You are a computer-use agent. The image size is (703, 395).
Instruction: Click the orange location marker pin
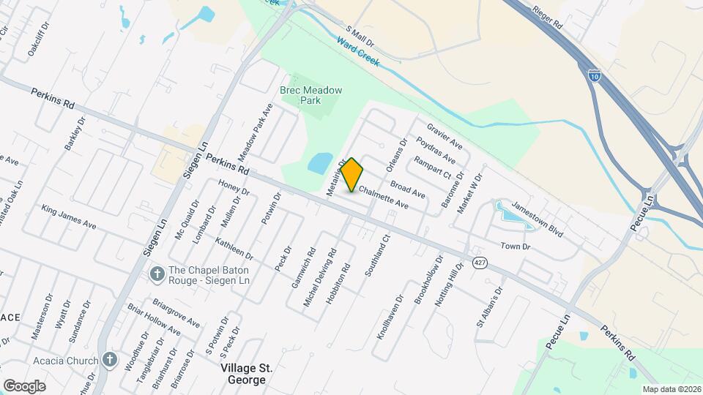pos(352,174)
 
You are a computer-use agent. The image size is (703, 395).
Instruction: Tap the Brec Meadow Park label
pos(311,95)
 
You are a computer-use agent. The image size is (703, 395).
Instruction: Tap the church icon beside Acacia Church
pos(110,359)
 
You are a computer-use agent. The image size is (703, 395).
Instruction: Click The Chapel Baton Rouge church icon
pos(155,274)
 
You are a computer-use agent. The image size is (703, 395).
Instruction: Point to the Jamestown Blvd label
pos(537,219)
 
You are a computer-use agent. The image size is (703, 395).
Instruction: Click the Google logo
pos(24,385)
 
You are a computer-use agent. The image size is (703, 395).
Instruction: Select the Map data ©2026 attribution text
pos(670,389)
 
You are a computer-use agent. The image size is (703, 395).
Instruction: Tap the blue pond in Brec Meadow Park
pos(320,163)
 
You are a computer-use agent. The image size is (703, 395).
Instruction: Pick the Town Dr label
pos(515,247)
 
